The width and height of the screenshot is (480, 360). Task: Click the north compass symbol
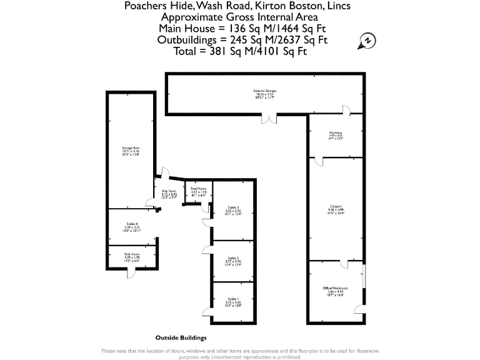tap(367, 42)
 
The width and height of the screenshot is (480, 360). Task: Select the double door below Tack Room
tap(131, 272)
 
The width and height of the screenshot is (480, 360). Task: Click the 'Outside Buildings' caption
tap(181, 337)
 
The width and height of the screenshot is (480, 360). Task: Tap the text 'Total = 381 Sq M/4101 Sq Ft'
tap(241, 51)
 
